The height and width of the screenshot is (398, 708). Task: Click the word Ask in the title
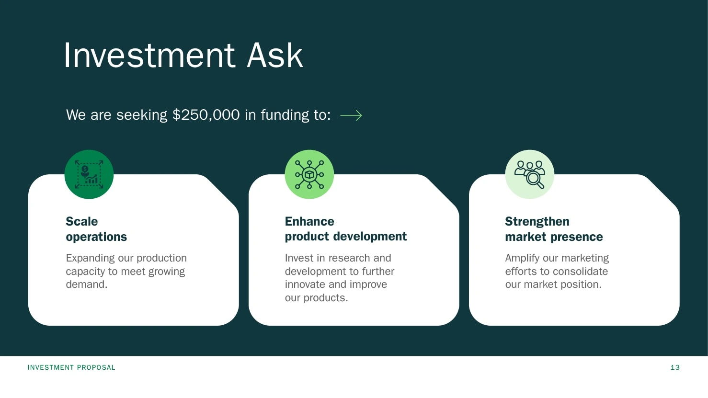[275, 56]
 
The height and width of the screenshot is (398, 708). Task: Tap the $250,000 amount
[206, 115]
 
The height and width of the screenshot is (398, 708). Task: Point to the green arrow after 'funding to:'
[351, 115]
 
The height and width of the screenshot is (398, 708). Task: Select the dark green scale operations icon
[89, 174]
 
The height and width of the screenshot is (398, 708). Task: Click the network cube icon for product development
[309, 174]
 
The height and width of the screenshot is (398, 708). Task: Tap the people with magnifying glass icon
[529, 174]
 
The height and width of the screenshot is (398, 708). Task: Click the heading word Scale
[82, 221]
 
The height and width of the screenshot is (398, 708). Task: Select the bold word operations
[96, 237]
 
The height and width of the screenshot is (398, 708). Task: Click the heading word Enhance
[309, 221]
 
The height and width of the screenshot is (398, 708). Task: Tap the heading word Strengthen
[537, 221]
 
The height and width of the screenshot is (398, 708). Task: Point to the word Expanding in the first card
[91, 258]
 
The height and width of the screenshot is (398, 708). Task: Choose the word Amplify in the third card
[523, 258]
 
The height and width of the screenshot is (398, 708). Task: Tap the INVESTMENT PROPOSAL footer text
[71, 367]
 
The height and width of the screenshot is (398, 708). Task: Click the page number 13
[675, 367]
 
